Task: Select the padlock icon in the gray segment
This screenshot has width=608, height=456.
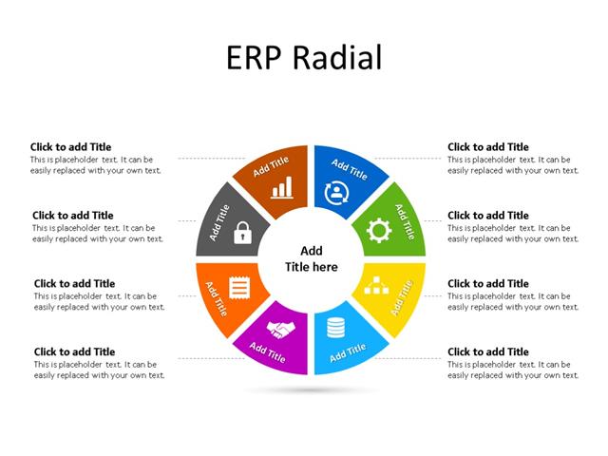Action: (243, 231)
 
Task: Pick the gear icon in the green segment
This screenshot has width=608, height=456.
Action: (378, 230)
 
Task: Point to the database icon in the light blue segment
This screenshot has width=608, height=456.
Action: (334, 330)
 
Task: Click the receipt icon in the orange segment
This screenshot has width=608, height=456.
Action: (241, 285)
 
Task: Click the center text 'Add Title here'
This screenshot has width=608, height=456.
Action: (312, 259)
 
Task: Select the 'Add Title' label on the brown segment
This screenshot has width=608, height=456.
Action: (271, 167)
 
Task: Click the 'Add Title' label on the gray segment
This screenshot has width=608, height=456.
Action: (219, 222)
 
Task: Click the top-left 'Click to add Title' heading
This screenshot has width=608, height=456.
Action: (70, 147)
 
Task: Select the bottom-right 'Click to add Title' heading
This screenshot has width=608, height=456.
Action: (488, 351)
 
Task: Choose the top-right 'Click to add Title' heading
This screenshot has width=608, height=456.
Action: (488, 147)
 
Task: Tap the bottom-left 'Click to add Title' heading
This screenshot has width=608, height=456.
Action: (74, 351)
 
